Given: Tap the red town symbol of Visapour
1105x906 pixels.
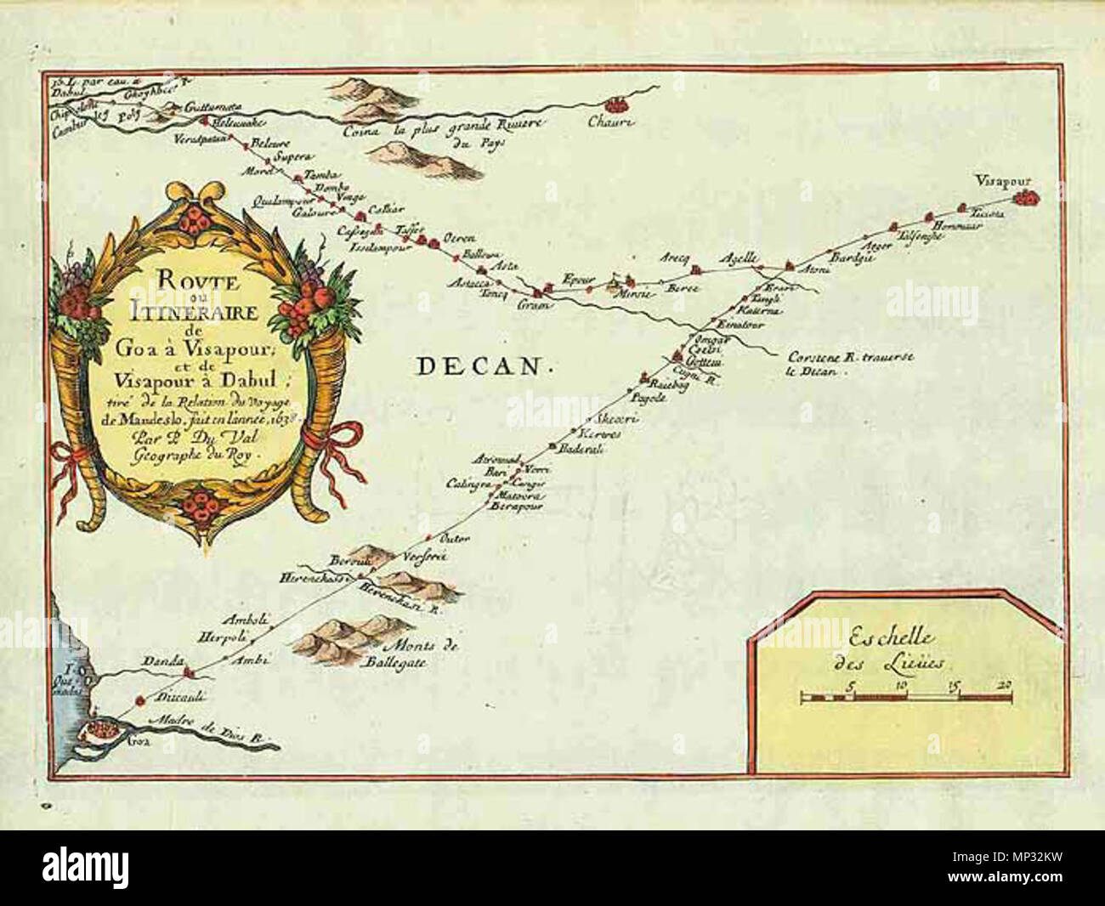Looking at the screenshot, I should point(1028,198).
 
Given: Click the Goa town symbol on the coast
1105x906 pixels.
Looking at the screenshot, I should point(99,729).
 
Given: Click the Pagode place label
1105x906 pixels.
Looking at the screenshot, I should point(646,396).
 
